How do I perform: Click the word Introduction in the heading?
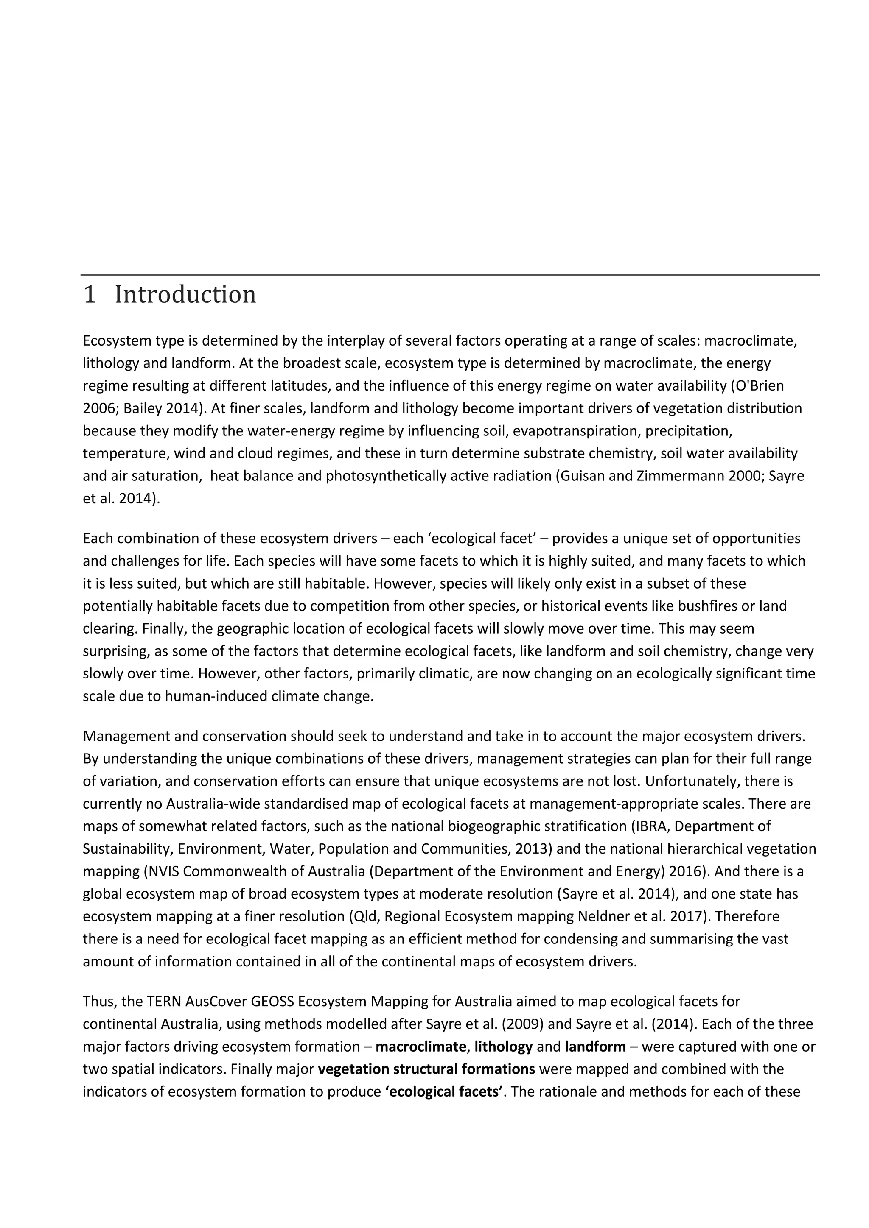pos(185,295)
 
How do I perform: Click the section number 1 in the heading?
pos(90,295)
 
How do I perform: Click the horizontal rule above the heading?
pos(449,275)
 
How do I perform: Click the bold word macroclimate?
pos(420,1046)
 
